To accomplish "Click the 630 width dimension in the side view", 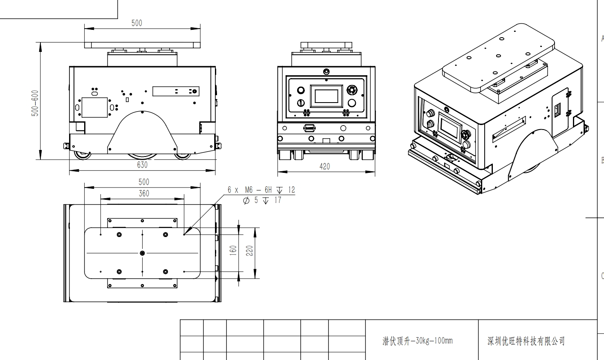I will [x=142, y=165].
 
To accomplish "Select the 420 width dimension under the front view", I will [x=324, y=166].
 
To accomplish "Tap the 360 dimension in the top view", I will [x=144, y=193].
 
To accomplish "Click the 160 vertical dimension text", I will [x=233, y=250].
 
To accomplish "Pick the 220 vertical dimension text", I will [x=249, y=250].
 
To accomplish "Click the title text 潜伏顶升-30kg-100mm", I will [x=417, y=341].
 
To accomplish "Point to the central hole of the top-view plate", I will [x=142, y=253].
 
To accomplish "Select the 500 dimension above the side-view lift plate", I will [x=137, y=23].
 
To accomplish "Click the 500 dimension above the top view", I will [x=144, y=182].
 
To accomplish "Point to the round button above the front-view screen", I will [x=326, y=72].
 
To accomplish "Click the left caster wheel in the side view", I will [x=83, y=155].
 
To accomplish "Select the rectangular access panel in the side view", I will [x=94, y=107].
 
